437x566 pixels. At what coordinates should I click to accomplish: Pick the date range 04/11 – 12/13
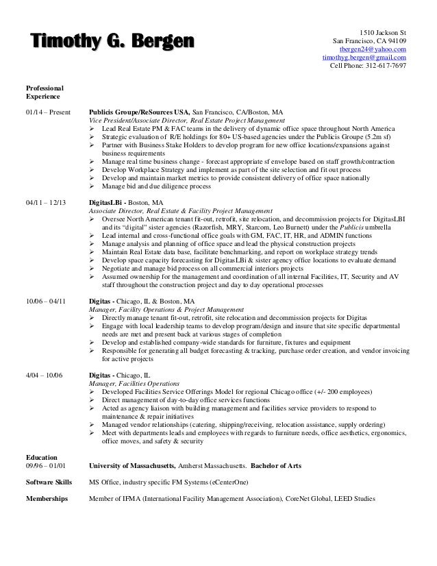click(45, 204)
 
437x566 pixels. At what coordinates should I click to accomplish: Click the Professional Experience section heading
click(42, 93)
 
